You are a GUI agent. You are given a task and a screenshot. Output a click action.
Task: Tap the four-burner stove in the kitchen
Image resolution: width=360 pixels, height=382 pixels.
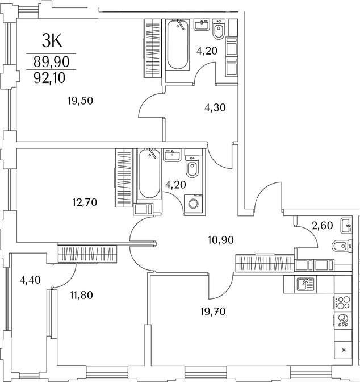[x=342, y=302]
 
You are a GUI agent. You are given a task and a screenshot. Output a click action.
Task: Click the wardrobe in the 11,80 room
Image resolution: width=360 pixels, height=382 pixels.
[x=87, y=253]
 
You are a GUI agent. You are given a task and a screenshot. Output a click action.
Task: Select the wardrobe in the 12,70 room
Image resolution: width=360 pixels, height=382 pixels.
[x=124, y=177]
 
